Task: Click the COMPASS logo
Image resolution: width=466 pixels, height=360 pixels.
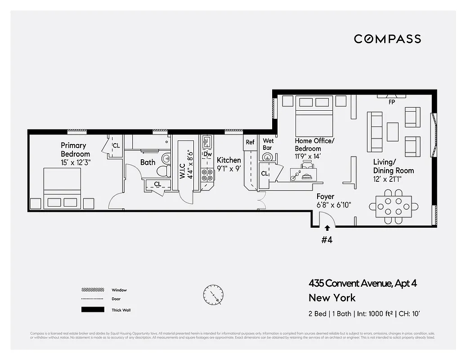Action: point(387,39)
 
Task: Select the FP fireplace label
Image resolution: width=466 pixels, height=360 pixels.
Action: point(392,102)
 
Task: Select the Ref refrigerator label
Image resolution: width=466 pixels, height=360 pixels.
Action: point(250,142)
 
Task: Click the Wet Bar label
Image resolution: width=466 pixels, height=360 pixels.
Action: point(268,144)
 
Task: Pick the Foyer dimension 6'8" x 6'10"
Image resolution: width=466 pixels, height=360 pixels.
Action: point(334,205)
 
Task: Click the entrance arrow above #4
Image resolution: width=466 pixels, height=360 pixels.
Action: point(327,228)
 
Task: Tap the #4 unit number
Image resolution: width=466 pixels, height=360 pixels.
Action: point(327,240)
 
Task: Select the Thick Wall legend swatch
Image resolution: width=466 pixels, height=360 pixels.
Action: point(93,310)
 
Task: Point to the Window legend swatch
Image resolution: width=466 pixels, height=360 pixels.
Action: point(93,290)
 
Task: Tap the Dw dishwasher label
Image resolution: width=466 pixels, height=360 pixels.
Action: point(207,154)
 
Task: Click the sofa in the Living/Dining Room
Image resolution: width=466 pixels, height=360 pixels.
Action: point(375,132)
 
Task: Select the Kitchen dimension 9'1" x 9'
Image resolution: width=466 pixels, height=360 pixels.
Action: point(229,169)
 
